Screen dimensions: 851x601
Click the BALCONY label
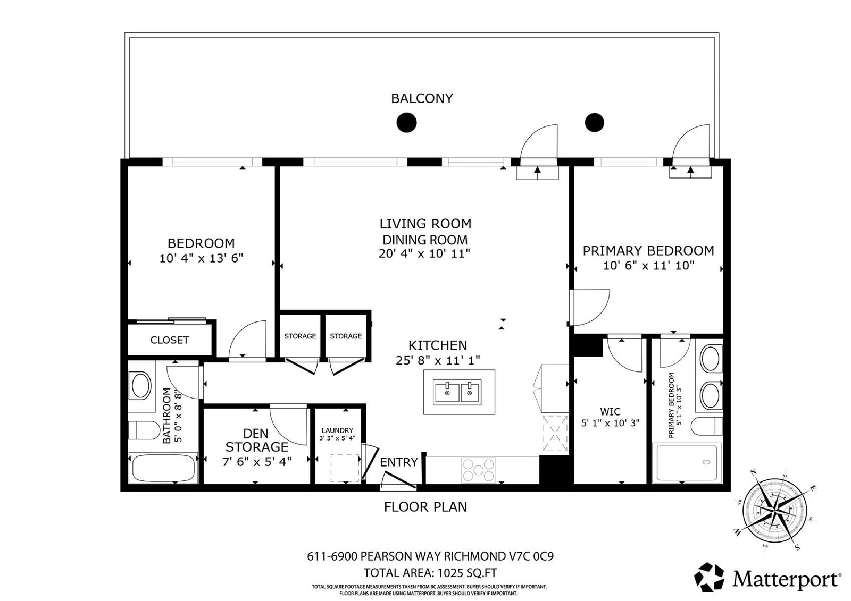pos(422,98)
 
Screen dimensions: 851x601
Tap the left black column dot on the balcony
pos(406,123)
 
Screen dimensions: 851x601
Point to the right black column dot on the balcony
pos(595,123)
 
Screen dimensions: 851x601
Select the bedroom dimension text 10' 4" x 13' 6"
pos(201,258)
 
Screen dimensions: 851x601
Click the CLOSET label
pos(170,340)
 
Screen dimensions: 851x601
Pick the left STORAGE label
pos(300,336)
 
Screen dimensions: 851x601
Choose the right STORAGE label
pos(346,336)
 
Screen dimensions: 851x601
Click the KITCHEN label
pos(438,345)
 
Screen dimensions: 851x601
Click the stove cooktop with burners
pos(479,470)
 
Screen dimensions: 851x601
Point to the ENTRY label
pos(399,462)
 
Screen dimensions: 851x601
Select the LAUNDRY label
pos(337,430)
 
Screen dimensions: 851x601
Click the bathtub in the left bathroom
pos(163,468)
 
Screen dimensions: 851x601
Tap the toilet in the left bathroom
pos(144,430)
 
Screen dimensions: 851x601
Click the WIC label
pos(611,411)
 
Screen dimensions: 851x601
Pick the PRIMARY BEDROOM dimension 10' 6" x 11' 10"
pos(648,265)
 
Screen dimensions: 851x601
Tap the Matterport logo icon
pos(710,577)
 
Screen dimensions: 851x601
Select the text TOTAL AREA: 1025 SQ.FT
pos(430,572)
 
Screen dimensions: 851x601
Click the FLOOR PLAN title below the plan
pos(425,507)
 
